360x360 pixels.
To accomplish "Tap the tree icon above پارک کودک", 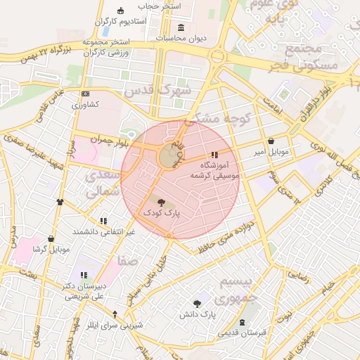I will [x=162, y=200].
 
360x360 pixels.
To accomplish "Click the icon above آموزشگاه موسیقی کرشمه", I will [x=214, y=155].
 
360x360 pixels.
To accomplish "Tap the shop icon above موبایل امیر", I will [x=271, y=141].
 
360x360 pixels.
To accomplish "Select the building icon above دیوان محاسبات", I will [x=181, y=28].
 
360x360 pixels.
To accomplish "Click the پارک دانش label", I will [x=199, y=314].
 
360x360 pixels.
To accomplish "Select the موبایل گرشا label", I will [x=51, y=249].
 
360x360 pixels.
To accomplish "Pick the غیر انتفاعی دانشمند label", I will [x=104, y=231].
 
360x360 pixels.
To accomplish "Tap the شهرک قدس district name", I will [x=166, y=91].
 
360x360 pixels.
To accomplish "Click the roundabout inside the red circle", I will [x=169, y=155].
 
